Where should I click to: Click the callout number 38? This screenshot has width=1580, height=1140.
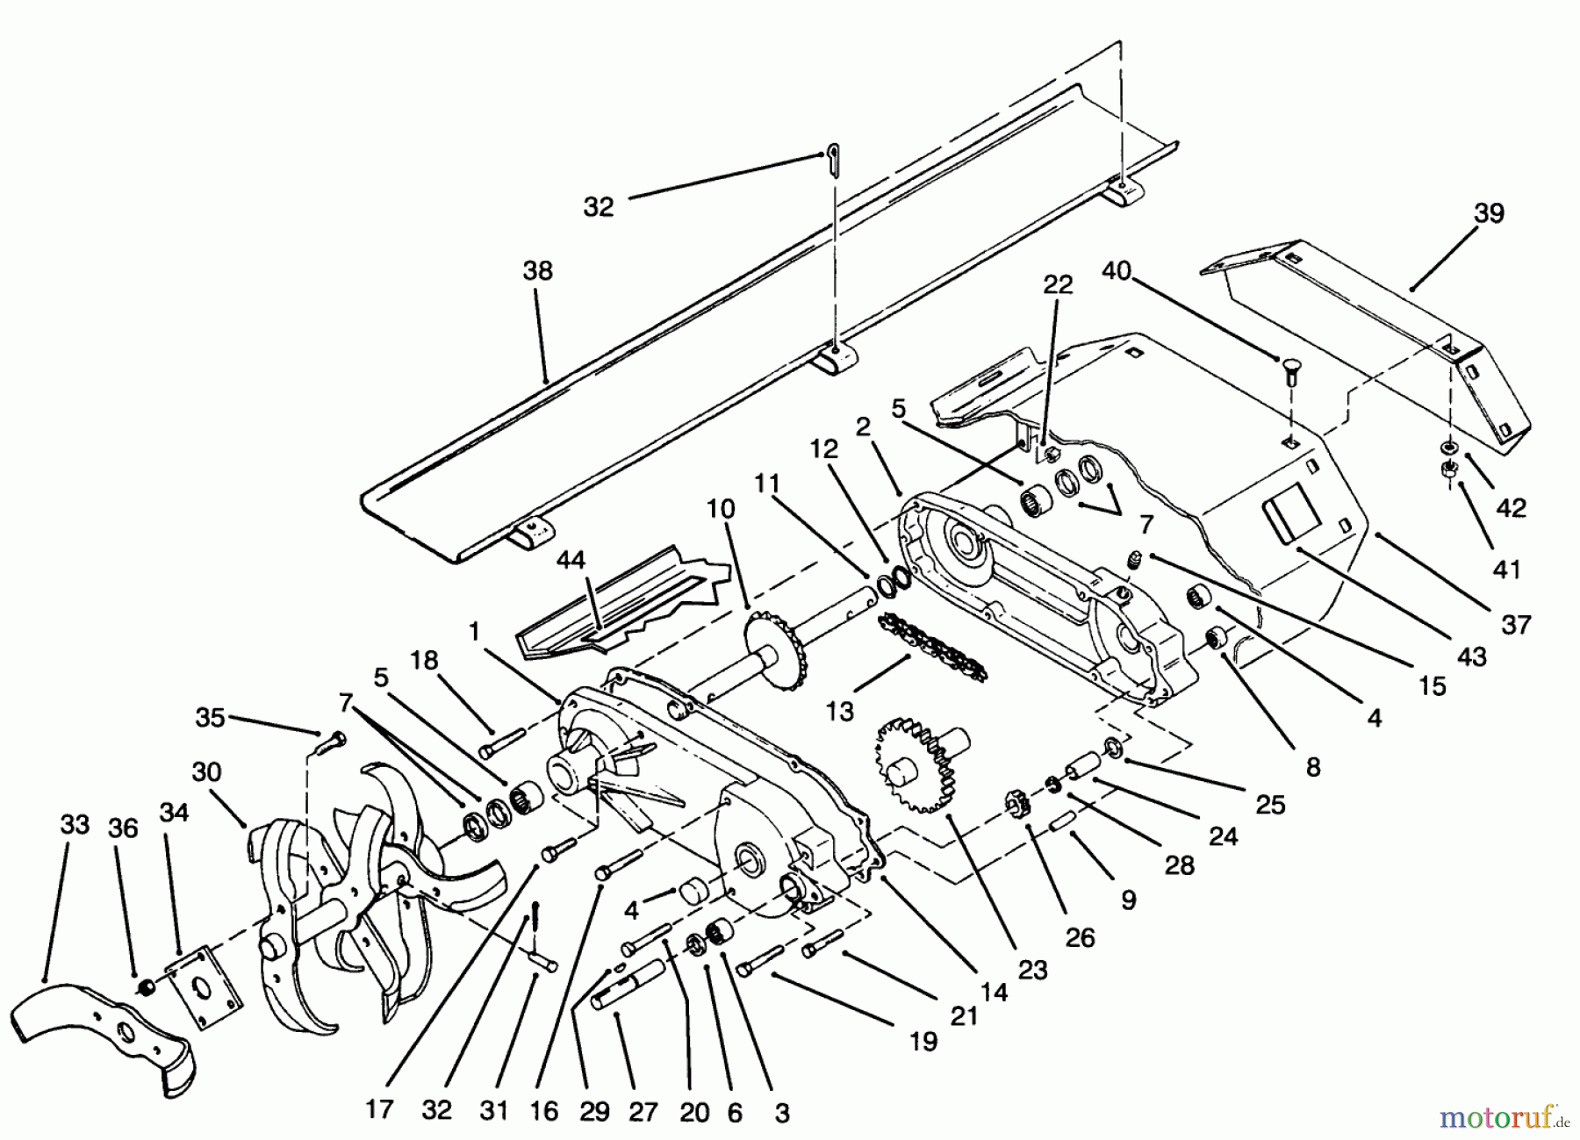point(538,271)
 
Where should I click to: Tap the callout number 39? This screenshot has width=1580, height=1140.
point(1490,214)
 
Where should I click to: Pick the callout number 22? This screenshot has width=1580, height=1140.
point(1058,285)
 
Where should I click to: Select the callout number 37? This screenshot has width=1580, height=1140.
point(1516,625)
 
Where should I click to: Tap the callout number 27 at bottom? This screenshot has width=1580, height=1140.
point(643,1112)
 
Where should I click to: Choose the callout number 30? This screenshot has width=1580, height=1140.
point(206,773)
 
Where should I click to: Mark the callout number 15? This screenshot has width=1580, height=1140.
point(1432,685)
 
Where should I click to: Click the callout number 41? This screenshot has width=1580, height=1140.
point(1506,570)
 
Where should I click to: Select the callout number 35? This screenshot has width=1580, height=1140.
point(210,717)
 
